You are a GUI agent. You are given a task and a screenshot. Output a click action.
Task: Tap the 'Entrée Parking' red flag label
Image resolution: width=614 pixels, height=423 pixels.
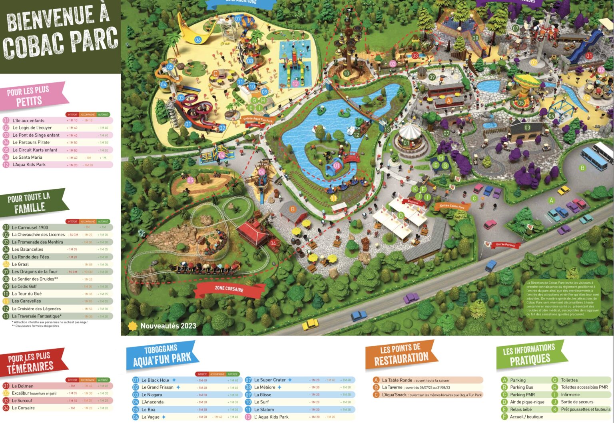coord(505,245)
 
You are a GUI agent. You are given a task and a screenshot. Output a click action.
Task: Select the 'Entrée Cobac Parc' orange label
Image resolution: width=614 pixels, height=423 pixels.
coord(452,206)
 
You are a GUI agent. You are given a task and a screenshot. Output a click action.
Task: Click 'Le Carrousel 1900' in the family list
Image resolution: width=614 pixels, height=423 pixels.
coord(30,227)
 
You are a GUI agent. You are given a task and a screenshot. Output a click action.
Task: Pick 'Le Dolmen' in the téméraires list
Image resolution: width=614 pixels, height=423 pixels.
coord(23,386)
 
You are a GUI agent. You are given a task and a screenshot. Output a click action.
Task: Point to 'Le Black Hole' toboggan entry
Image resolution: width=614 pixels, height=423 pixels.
coord(155,380)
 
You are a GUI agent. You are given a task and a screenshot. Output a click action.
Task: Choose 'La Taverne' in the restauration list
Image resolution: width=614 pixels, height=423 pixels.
coord(392,387)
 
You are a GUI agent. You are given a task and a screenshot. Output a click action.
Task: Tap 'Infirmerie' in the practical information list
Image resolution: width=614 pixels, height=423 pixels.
coord(570,395)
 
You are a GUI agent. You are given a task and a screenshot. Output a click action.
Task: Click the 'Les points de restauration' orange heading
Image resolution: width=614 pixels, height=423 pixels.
coord(401,354)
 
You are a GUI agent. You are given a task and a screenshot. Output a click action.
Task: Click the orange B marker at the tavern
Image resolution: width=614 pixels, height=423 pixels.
coord(293,209)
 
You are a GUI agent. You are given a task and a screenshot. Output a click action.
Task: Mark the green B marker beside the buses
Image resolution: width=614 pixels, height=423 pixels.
coord(582,168)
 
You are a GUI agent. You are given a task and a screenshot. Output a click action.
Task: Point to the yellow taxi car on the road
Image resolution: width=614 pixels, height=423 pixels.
coord(310,324)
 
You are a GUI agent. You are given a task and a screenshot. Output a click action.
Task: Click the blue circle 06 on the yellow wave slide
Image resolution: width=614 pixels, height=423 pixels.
coord(198,40)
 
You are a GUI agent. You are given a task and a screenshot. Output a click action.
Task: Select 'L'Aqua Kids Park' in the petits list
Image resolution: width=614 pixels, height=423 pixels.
coord(29,165)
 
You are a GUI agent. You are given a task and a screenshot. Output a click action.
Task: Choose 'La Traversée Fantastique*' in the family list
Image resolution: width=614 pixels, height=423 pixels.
coord(36,316)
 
